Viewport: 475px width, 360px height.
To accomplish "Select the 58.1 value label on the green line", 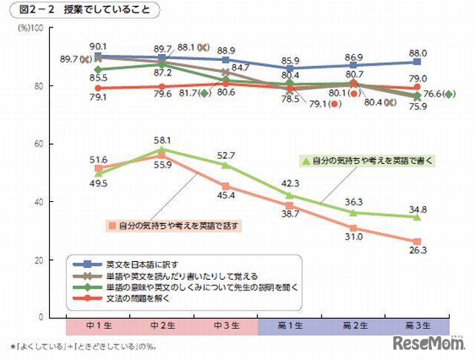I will (x=163, y=140).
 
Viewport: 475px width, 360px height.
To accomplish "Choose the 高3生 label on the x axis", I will (x=419, y=326).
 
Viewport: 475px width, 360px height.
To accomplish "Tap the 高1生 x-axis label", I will (x=290, y=326).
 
